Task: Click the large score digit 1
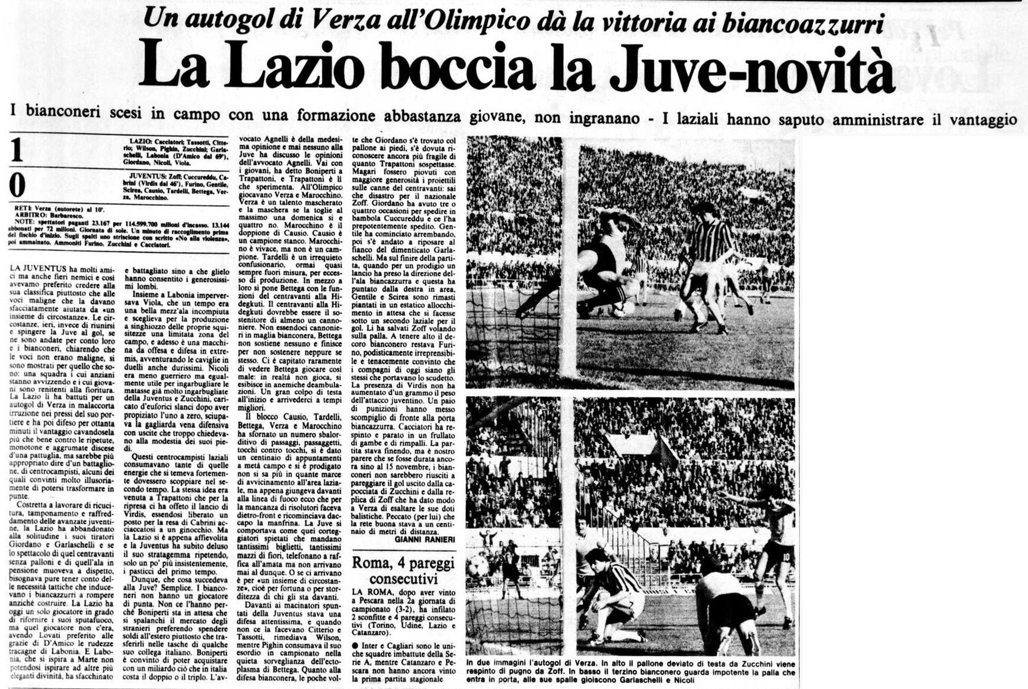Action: (x=17, y=150)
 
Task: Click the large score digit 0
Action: (x=17, y=184)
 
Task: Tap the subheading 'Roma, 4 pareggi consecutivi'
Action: (x=403, y=570)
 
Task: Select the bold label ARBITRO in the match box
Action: (x=30, y=216)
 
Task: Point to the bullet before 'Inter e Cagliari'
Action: (x=355, y=645)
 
